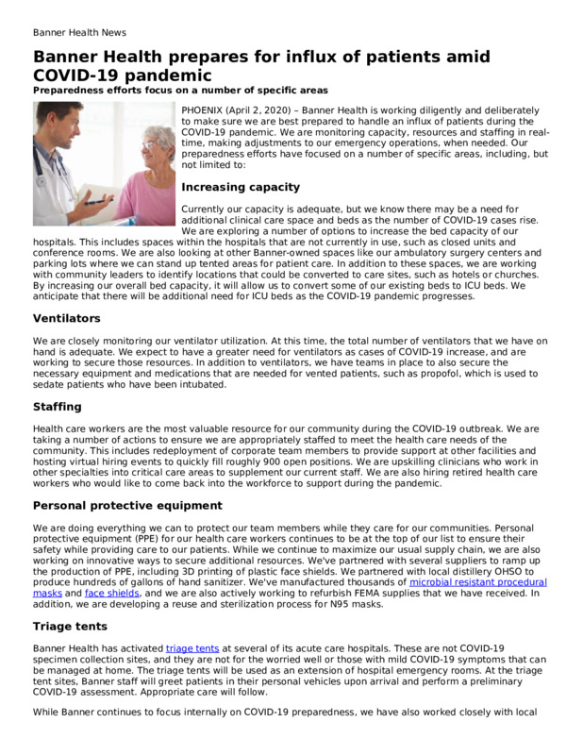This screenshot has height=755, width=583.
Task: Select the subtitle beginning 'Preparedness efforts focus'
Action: (180, 90)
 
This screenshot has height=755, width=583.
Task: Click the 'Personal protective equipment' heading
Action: (127, 506)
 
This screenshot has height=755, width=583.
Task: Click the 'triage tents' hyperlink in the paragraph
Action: (192, 647)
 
